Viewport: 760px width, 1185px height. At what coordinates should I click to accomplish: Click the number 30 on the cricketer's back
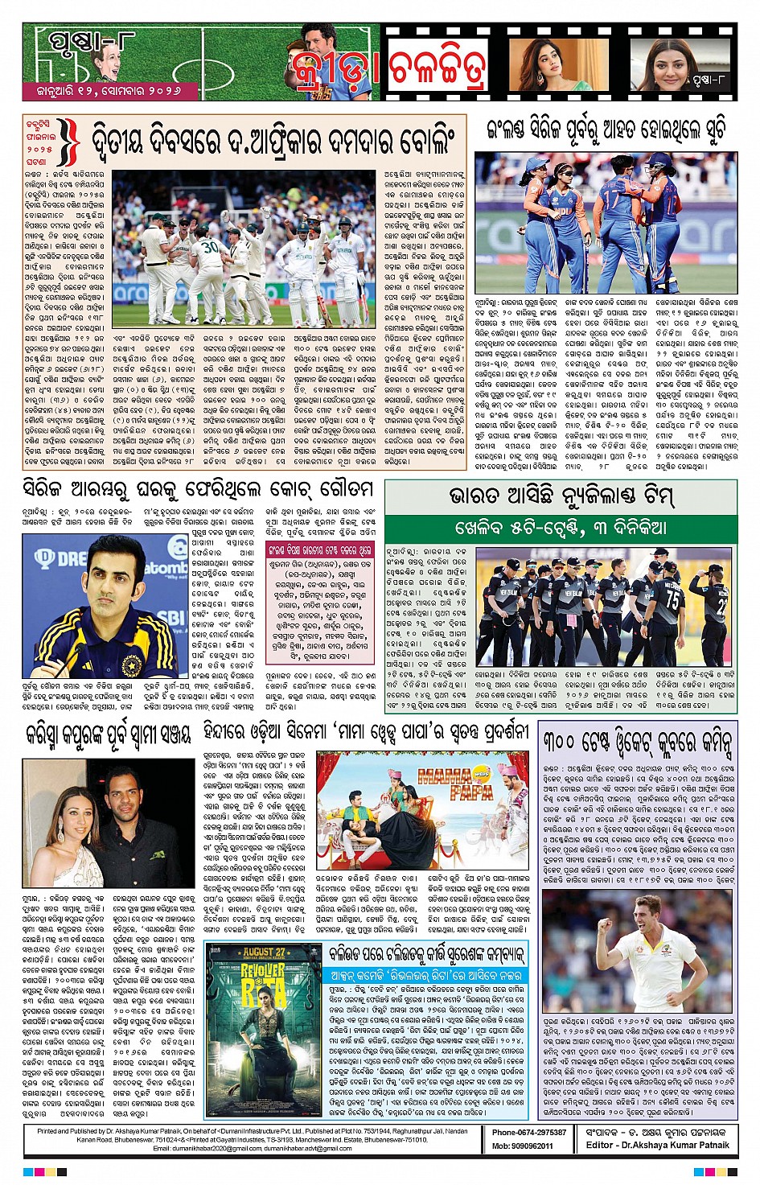click(212, 247)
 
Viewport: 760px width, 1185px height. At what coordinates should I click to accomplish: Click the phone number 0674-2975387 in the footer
click(528, 1132)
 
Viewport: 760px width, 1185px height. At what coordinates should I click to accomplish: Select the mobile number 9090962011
click(522, 1146)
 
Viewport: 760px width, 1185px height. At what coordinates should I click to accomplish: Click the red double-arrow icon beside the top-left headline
click(70, 143)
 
